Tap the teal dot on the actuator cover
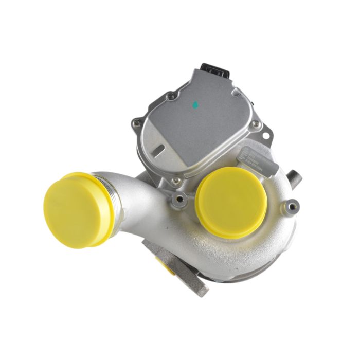(195, 105)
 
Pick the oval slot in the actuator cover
(159, 151)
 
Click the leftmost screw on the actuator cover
(136, 123)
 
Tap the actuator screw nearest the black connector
(170, 96)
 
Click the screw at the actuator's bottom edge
(176, 181)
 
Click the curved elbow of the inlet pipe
(147, 201)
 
